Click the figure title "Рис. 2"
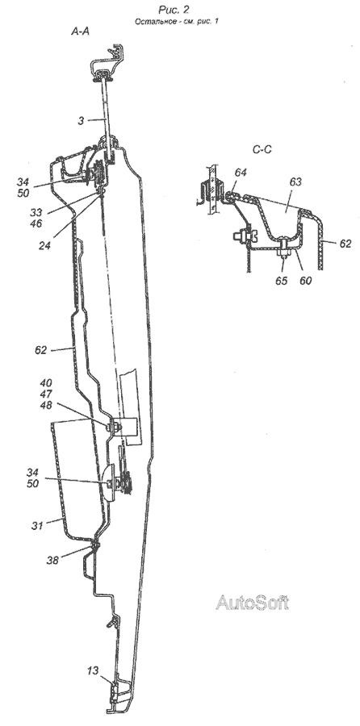click(174, 9)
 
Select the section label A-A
click(80, 31)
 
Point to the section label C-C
click(262, 149)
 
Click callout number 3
click(80, 120)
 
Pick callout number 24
click(45, 245)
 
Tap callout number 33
click(36, 213)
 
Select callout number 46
click(36, 224)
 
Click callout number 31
click(37, 525)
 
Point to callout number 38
click(52, 561)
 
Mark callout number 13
click(93, 670)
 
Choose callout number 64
click(241, 173)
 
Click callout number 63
click(295, 182)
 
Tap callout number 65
click(282, 281)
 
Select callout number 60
click(305, 281)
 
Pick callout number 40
click(46, 382)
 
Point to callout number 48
click(46, 405)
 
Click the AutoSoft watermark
click(253, 603)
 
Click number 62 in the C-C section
click(345, 244)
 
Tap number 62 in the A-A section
click(41, 350)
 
